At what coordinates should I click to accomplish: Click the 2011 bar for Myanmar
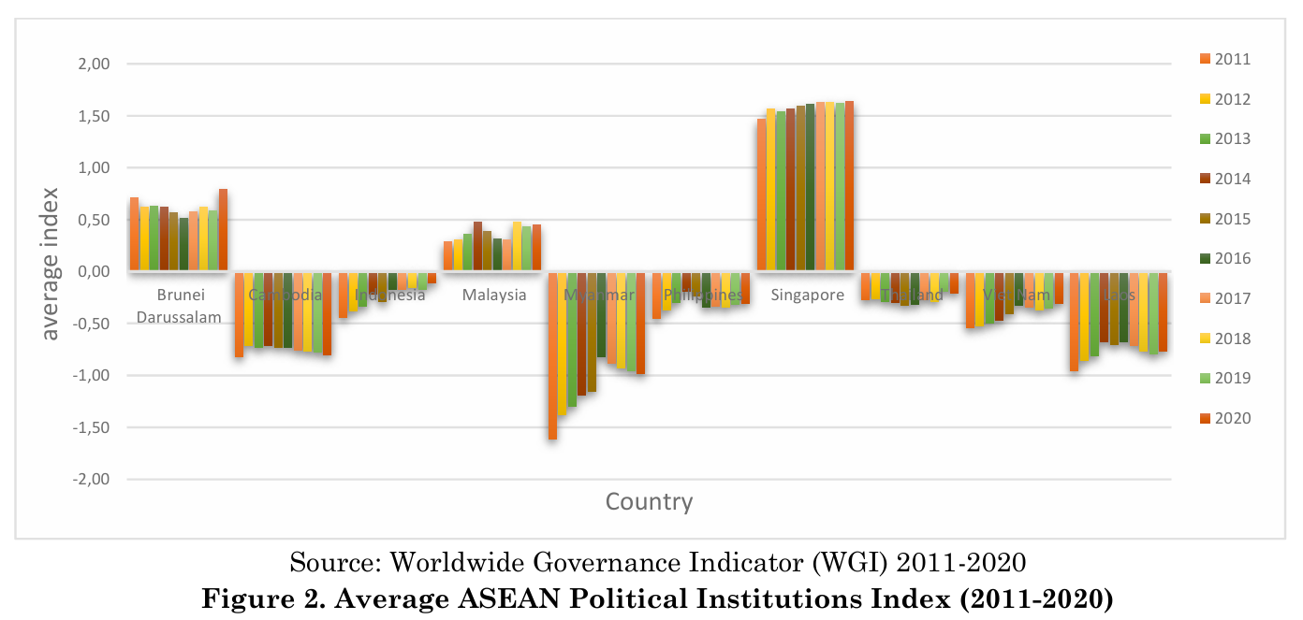tap(553, 355)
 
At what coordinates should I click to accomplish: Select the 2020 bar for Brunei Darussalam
tap(224, 230)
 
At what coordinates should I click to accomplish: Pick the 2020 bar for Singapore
tap(849, 186)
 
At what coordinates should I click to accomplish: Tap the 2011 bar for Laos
tap(1075, 322)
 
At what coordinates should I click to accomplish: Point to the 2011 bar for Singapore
tap(761, 195)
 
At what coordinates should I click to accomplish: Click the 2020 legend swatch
tap(1205, 418)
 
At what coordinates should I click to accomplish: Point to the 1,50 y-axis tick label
tap(93, 117)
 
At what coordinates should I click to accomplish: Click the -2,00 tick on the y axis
tap(90, 480)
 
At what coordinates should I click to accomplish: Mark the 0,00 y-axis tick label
tap(93, 272)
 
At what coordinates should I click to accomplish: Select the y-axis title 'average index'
tap(50, 264)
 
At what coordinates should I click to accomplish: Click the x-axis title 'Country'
tap(649, 502)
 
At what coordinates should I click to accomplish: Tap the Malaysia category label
tap(494, 296)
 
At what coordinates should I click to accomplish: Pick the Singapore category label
tap(806, 296)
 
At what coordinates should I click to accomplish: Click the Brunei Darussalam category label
tap(179, 306)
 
